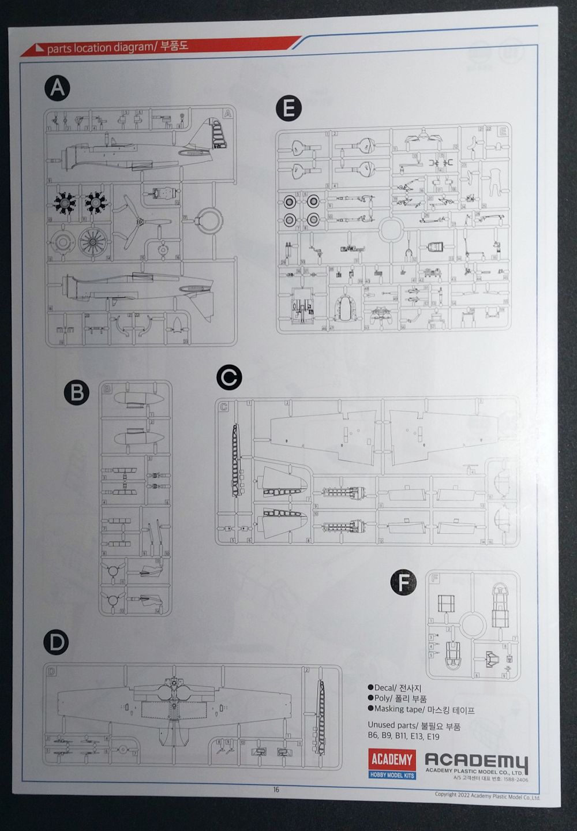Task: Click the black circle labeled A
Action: (57, 88)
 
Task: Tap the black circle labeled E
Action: (288, 108)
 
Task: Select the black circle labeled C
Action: (229, 378)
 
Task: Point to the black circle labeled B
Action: (77, 393)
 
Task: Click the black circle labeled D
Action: (56, 643)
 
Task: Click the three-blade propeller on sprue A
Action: (140, 222)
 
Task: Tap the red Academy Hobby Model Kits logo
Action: (392, 763)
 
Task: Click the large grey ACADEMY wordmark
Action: (476, 761)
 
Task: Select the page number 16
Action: (276, 789)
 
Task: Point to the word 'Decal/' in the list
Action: (385, 688)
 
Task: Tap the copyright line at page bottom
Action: (488, 797)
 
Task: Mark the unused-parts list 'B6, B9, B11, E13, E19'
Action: (403, 736)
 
